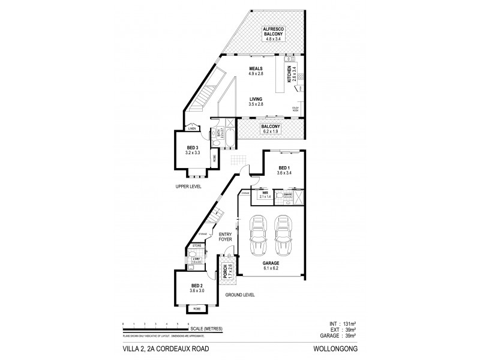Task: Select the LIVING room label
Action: pyautogui.click(x=257, y=101)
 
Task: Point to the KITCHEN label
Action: pyautogui.click(x=290, y=74)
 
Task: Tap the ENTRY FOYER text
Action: pyautogui.click(x=225, y=236)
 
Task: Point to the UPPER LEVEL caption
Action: pyautogui.click(x=188, y=187)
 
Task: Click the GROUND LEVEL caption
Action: pyautogui.click(x=241, y=296)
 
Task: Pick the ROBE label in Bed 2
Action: pyautogui.click(x=196, y=309)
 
